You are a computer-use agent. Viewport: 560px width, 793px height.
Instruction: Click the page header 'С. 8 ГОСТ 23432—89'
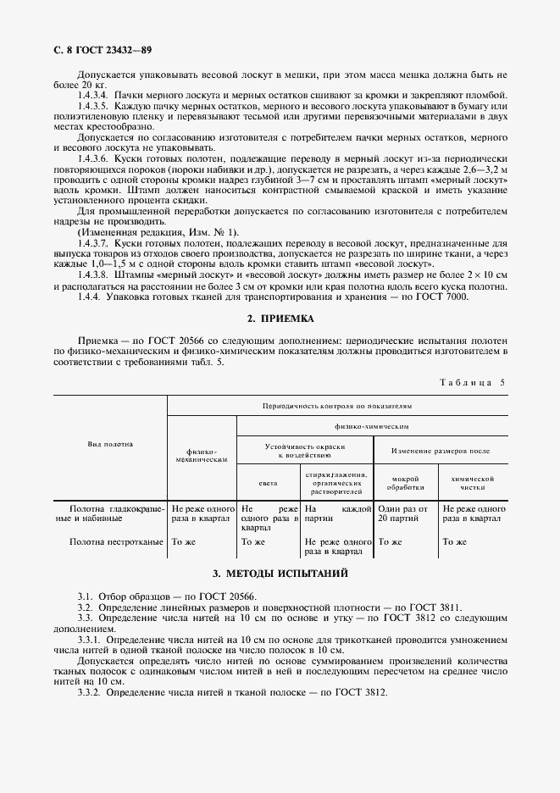tap(95, 51)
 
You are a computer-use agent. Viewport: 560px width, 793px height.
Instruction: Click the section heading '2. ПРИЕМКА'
tap(280, 319)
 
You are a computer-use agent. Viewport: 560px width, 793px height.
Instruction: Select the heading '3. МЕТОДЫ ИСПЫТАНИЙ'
tap(280, 574)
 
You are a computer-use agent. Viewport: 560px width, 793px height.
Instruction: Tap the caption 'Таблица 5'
tap(472, 382)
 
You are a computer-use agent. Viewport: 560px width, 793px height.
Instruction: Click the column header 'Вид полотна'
tap(111, 444)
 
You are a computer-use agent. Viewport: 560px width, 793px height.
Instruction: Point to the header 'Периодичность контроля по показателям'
tap(337, 407)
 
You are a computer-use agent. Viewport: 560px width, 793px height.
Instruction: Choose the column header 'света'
tap(268, 484)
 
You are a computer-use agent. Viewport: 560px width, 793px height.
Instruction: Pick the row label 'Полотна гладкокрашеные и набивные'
tap(111, 513)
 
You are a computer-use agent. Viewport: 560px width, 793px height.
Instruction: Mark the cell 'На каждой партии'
tap(337, 513)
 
